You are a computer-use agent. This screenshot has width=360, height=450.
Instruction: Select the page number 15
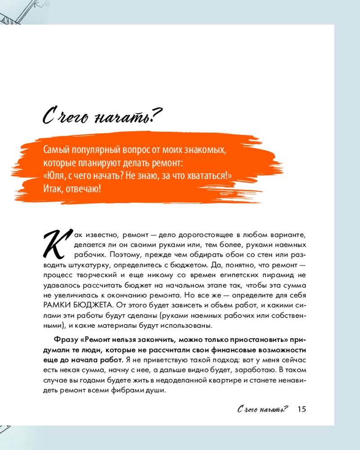click(301, 409)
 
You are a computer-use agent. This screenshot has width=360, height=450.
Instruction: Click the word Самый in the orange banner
click(56, 149)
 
